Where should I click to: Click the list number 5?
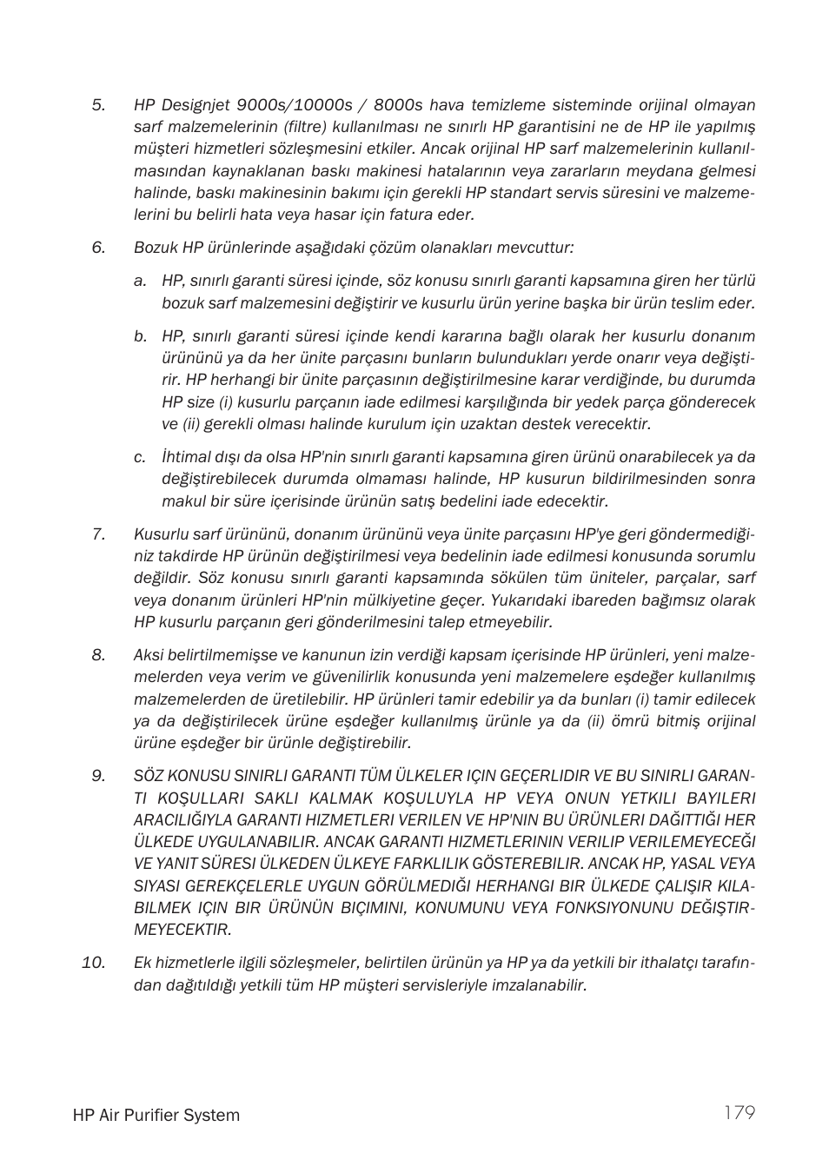coord(98,105)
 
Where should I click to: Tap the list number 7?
coord(98,533)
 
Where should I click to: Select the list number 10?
coord(94,963)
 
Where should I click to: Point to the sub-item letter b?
coord(140,336)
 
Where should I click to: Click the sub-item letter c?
coord(140,457)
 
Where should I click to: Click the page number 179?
coord(739,1113)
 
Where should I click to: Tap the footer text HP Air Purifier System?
coord(156,1116)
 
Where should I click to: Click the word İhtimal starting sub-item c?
coord(186,457)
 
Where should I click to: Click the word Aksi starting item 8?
coord(149,655)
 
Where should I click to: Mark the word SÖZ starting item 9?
coord(148,776)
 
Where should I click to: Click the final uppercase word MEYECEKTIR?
coord(182,930)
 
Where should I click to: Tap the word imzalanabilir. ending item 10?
coord(539,985)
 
